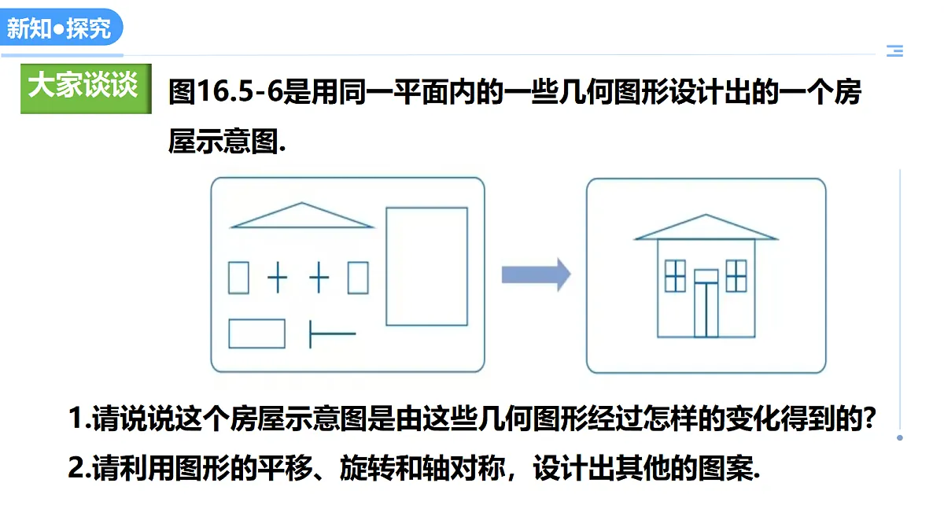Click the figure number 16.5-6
tap(239, 91)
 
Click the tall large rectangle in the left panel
tap(386, 267)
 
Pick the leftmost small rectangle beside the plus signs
tap(228, 278)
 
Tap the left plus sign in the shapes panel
tap(277, 277)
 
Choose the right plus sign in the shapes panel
tap(319, 277)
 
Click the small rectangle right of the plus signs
tap(348, 278)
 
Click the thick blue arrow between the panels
tap(536, 275)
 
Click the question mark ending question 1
tap(869, 419)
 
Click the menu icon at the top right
tap(894, 50)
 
